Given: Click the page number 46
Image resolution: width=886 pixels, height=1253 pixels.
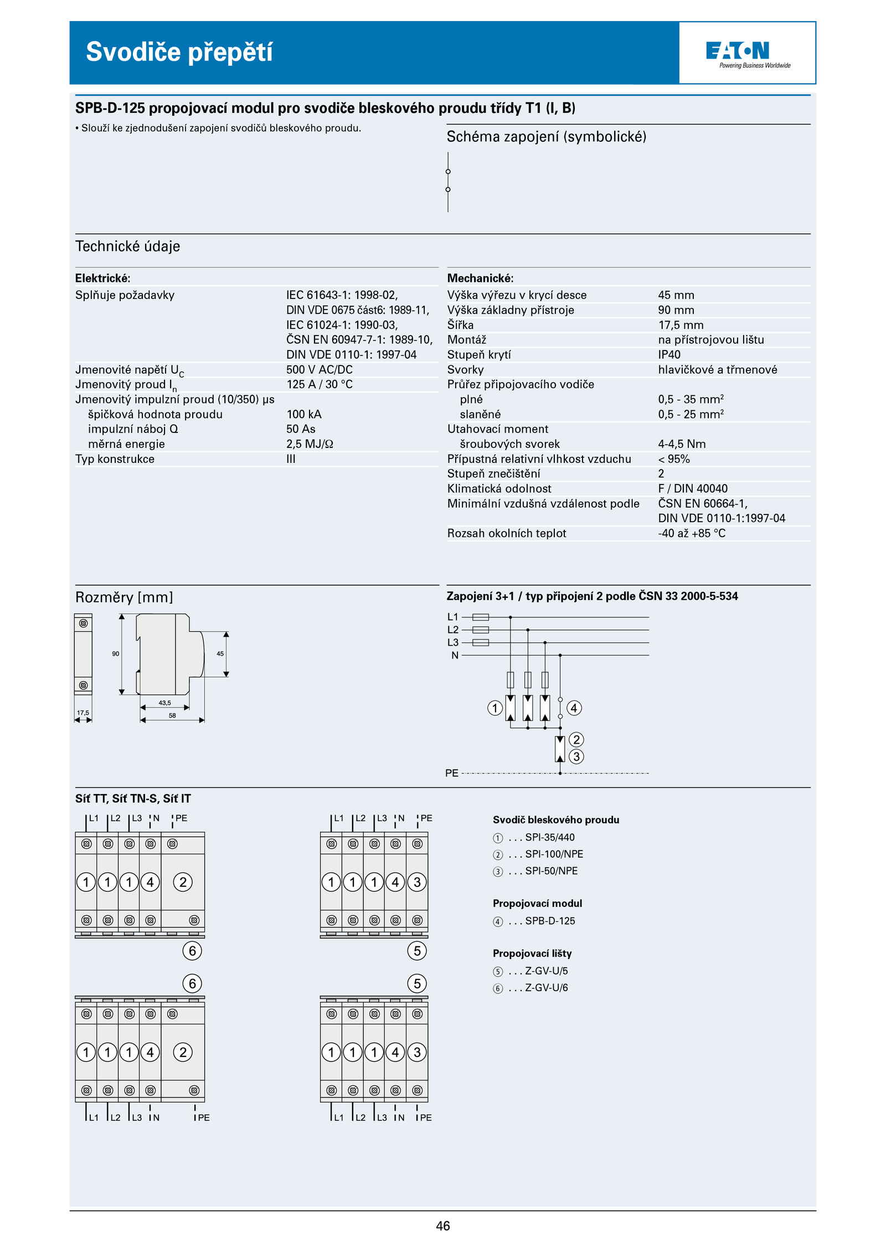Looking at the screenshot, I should point(442,1226).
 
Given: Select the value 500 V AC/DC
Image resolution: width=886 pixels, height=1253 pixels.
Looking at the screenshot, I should point(319,369).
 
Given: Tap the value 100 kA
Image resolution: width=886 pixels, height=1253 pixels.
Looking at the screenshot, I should point(303,414).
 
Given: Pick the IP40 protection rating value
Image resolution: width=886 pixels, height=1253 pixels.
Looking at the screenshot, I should point(669,354).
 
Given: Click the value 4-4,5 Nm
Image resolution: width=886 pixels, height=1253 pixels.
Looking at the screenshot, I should point(682,444).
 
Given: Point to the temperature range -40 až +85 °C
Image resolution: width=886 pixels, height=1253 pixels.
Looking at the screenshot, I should point(691,533).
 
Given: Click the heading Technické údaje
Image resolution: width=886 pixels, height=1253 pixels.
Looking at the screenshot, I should point(127,246).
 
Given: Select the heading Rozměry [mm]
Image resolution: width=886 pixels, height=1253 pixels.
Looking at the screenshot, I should point(124,597).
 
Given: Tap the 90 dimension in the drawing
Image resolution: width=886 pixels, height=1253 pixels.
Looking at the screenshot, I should point(115,654).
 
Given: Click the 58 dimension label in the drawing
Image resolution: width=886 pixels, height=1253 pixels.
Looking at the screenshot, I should point(172,715).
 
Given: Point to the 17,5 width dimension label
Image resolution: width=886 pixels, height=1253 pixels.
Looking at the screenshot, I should point(83,713).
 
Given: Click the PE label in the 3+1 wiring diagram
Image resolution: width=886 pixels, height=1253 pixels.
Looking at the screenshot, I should point(451,773).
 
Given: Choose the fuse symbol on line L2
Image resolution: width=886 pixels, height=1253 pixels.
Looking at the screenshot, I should point(480,630).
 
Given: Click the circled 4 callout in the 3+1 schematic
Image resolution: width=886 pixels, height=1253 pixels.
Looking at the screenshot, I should point(574,708).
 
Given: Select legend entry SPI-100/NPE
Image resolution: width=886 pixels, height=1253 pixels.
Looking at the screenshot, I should point(554,854).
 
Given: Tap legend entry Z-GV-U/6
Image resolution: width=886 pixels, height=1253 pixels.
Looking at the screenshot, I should point(546,988).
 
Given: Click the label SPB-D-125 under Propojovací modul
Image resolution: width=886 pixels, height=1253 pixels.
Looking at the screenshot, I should point(550,921).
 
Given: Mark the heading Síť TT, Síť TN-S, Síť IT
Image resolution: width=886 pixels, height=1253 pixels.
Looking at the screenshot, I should point(133,798).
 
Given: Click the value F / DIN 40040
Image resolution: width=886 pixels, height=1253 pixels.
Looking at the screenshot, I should point(692,488).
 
